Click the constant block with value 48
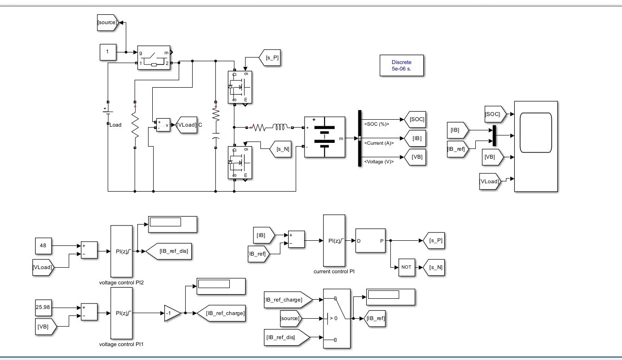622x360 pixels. [43, 245]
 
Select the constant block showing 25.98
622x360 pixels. [43, 308]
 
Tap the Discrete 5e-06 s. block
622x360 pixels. [402, 65]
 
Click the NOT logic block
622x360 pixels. [407, 267]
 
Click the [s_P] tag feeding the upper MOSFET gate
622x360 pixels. [270, 58]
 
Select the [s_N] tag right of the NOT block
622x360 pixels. [434, 268]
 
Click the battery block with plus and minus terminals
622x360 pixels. [324, 137]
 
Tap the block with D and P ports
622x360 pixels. [370, 241]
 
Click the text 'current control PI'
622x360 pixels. [334, 271]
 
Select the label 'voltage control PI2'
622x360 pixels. [121, 283]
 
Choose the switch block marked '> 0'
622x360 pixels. [337, 318]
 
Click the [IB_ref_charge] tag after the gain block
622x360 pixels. [221, 313]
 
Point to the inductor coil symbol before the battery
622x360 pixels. [280, 128]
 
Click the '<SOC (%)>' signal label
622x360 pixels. [376, 124]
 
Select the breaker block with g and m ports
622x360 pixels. [154, 58]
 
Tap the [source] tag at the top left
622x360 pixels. [108, 23]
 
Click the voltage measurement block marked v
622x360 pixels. [163, 125]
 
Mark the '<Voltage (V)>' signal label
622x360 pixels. [379, 161]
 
